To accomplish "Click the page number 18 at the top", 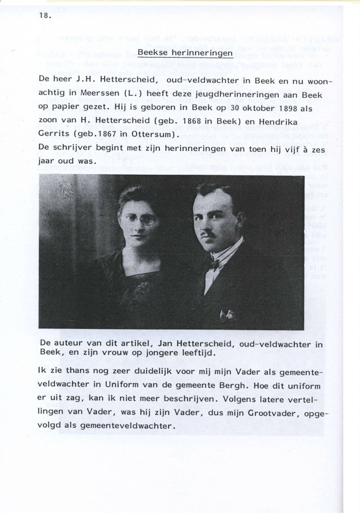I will (44, 15).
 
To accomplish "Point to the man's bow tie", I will (215, 263).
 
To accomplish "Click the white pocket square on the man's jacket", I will (227, 314).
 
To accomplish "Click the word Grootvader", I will (269, 413).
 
